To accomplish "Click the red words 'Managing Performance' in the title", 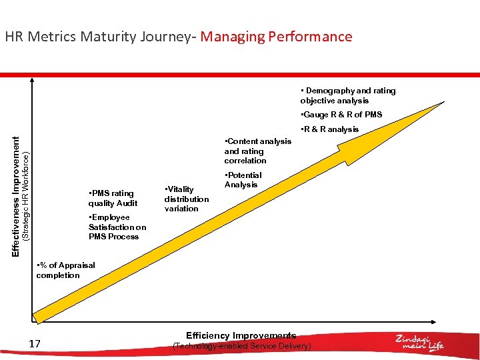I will tap(276, 37).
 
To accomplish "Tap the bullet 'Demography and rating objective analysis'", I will tap(347, 95).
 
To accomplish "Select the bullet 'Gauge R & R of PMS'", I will tap(341, 115).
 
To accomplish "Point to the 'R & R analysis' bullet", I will tap(329, 129).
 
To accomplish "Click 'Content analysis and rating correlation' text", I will tap(257, 151).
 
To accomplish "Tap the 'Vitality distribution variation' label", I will tap(186, 199).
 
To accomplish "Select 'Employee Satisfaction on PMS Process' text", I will tap(117, 227).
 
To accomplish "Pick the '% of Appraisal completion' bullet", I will tap(65, 270).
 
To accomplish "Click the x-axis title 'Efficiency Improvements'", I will tap(241, 335).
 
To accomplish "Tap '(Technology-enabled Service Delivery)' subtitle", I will tap(241, 346).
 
